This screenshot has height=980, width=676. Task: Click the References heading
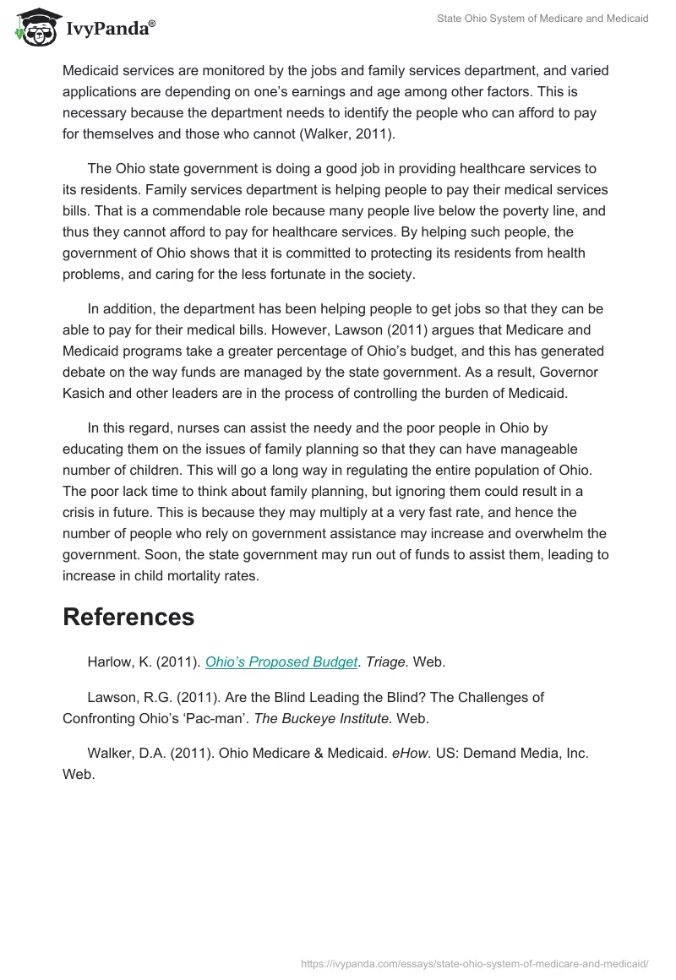[x=128, y=617]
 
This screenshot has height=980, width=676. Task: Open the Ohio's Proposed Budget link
[x=281, y=662]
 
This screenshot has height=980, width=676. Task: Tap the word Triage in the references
[x=387, y=662]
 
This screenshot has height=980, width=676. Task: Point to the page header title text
[x=542, y=19]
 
